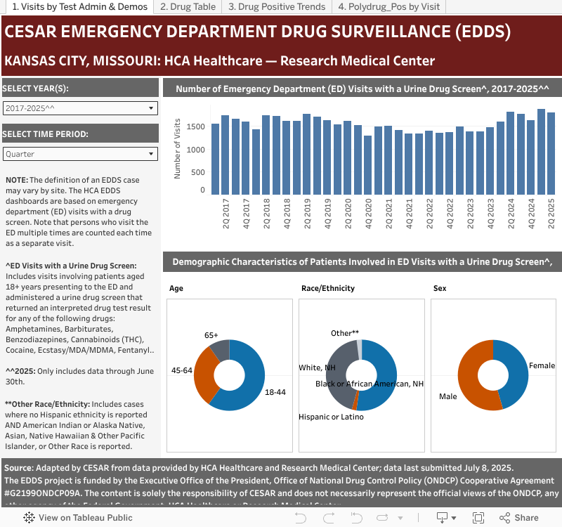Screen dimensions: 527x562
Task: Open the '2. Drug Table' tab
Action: point(188,7)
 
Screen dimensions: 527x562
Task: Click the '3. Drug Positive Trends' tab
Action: point(277,7)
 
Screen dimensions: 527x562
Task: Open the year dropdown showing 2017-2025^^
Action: point(80,108)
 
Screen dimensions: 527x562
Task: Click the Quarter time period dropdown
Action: point(80,154)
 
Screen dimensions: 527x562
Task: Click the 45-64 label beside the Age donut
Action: point(182,370)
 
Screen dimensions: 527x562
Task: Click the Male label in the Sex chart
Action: point(447,396)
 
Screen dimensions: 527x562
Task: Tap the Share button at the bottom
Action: point(519,518)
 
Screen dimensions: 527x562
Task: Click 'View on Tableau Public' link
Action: point(79,518)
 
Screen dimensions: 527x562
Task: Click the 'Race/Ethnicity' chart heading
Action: point(327,288)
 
